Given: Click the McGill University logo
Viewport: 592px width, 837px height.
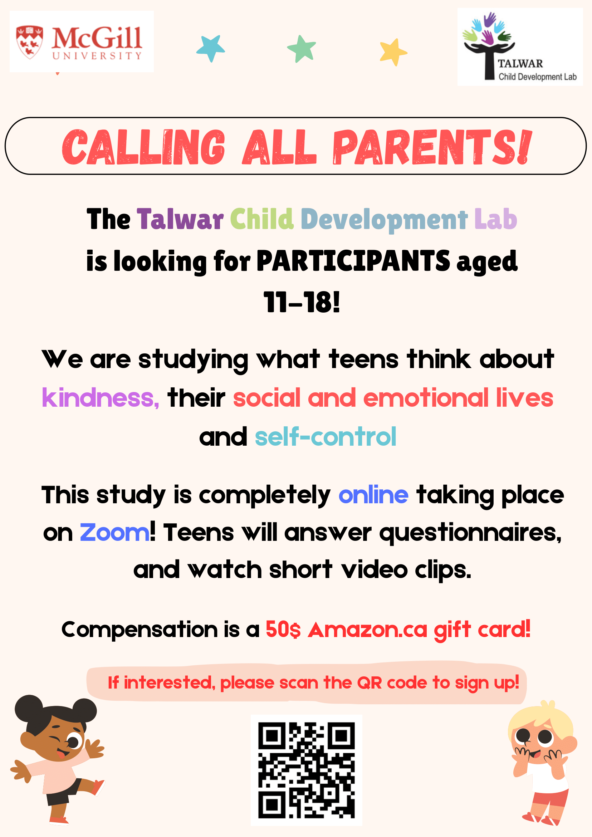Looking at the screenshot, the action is coord(82,41).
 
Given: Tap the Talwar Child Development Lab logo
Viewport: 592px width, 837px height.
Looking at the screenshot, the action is coord(520,47).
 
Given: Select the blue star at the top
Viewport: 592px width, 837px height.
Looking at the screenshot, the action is coord(211,48).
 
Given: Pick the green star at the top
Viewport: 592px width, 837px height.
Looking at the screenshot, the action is coord(302,49).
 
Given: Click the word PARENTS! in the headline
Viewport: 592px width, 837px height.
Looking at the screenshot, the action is coord(432,147).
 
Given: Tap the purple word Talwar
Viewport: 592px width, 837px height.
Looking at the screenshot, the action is coord(180,219).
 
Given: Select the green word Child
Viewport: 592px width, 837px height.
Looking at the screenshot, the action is coord(262,219).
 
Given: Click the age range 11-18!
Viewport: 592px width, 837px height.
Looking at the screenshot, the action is coord(302,302).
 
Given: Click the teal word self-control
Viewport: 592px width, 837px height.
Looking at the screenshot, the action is coord(325,436).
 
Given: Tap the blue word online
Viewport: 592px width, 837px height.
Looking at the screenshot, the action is coord(373,495).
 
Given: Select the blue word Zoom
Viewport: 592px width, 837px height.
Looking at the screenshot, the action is coord(114,533).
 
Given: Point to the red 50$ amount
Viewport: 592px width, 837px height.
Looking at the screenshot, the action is coord(283,630).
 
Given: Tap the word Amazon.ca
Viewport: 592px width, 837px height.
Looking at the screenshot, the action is coord(367,630).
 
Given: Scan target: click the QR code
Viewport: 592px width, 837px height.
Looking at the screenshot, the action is coord(306,770).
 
